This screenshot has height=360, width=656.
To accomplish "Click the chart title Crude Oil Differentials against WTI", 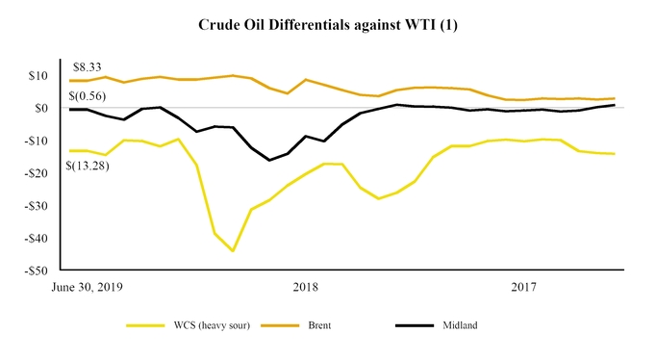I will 328,22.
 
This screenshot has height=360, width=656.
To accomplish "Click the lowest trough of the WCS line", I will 233,250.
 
